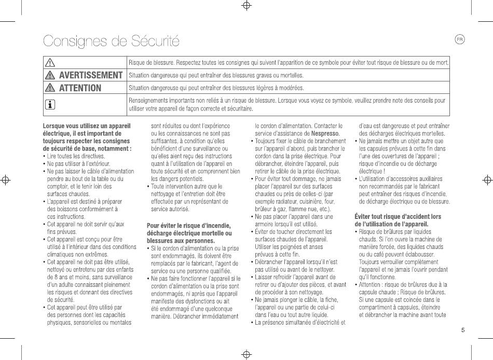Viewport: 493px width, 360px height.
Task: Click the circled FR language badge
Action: tap(459, 39)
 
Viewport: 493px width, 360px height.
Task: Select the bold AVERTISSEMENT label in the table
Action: tap(91, 75)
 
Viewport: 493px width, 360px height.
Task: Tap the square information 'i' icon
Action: tap(50, 105)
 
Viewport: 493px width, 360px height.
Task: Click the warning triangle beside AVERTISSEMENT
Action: tap(50, 75)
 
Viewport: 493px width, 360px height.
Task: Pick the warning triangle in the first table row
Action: tap(50, 63)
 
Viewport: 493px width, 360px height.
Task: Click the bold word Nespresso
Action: tap(325, 133)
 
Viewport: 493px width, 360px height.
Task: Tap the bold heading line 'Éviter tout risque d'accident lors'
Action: tap(398, 216)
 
